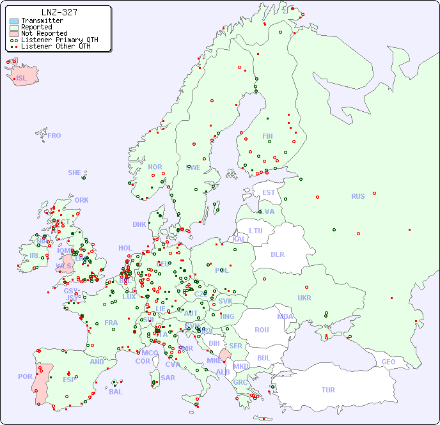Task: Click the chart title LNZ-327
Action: [x=59, y=12]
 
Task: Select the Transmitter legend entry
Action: [x=42, y=21]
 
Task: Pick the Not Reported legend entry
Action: [x=44, y=33]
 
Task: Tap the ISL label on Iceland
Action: [x=22, y=79]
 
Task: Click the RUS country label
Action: [x=357, y=196]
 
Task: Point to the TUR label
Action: [x=328, y=390]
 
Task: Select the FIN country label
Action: [x=267, y=136]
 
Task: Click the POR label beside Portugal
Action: [x=25, y=376]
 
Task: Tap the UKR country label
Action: [x=304, y=298]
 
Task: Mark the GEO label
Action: [x=388, y=362]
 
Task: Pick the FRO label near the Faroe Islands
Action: [x=54, y=135]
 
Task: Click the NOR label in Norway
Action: [x=155, y=167]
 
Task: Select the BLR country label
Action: [x=277, y=254]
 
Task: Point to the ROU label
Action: [x=262, y=330]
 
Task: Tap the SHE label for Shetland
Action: [x=75, y=173]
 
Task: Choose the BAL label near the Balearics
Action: [x=116, y=392]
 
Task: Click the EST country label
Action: [x=269, y=192]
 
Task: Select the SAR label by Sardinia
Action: [x=168, y=378]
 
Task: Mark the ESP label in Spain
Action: [x=69, y=380]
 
